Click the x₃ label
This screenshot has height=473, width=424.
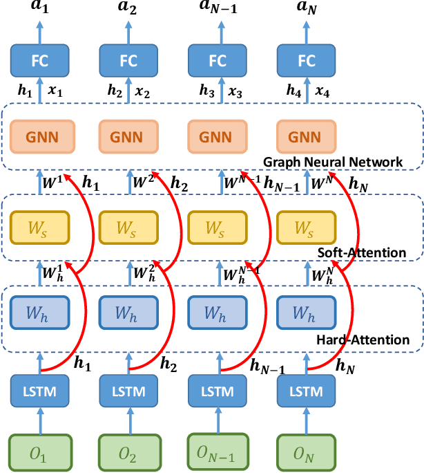tap(233, 93)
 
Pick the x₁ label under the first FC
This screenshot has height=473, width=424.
tap(57, 93)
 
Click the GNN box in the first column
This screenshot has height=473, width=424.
tap(40, 137)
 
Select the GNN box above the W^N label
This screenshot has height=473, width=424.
tap(305, 137)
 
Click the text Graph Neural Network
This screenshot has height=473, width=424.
tap(333, 162)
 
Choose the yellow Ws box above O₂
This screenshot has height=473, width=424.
tap(128, 226)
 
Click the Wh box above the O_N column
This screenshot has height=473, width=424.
tap(305, 313)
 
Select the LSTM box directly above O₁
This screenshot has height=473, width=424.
tap(40, 391)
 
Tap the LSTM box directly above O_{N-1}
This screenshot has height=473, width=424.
tap(217, 391)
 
